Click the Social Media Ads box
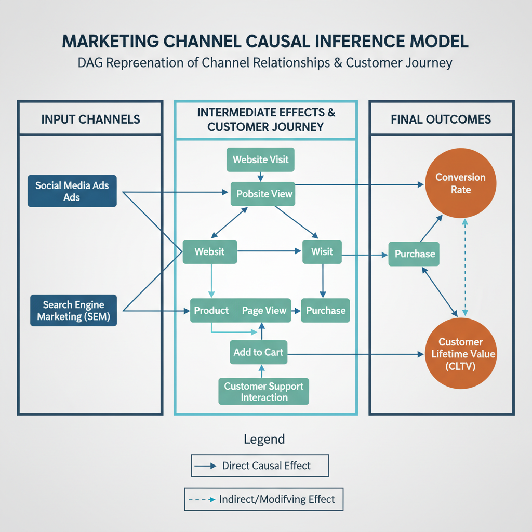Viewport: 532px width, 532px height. [x=72, y=191]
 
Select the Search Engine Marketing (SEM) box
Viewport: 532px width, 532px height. [x=73, y=311]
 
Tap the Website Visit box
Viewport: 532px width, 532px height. [x=261, y=159]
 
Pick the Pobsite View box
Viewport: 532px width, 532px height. [x=264, y=194]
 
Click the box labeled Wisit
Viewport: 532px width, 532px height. [x=322, y=252]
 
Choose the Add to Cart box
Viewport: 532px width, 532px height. [x=258, y=352]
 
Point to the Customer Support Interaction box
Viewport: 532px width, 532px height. [x=263, y=392]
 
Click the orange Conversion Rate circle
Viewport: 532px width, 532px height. [x=460, y=183]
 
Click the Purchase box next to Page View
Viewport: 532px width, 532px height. [x=326, y=311]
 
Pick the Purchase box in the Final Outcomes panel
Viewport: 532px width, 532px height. [x=415, y=254]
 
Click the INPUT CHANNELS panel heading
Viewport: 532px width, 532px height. [x=90, y=119]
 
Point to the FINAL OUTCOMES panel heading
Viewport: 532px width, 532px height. [x=441, y=119]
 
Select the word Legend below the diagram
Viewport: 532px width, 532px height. [x=264, y=439]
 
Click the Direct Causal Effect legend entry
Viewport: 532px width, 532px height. [x=260, y=465]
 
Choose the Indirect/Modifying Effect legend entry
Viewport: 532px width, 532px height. [x=264, y=500]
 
